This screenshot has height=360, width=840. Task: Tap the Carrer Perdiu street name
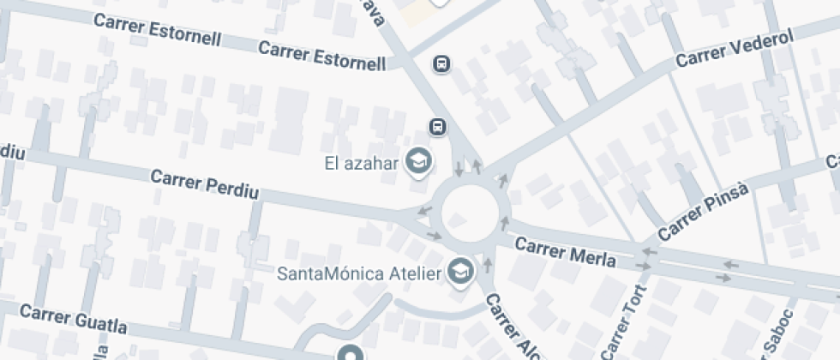203,183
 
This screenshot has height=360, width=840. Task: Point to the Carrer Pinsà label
705,212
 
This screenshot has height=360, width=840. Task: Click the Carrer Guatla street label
73,319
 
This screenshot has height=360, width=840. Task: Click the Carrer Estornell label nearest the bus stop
322,56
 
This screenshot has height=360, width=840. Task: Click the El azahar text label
362,162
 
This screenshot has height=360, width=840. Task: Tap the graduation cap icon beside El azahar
418,160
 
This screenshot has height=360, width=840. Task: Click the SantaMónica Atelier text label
359,274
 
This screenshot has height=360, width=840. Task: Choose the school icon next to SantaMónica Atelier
462,273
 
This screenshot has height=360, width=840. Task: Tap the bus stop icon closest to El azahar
438,128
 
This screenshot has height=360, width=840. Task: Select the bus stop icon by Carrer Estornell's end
441,64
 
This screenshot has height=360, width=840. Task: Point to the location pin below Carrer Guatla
350,353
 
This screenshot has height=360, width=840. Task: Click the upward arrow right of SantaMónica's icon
488,265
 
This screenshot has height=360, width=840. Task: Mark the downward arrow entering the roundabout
459,168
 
